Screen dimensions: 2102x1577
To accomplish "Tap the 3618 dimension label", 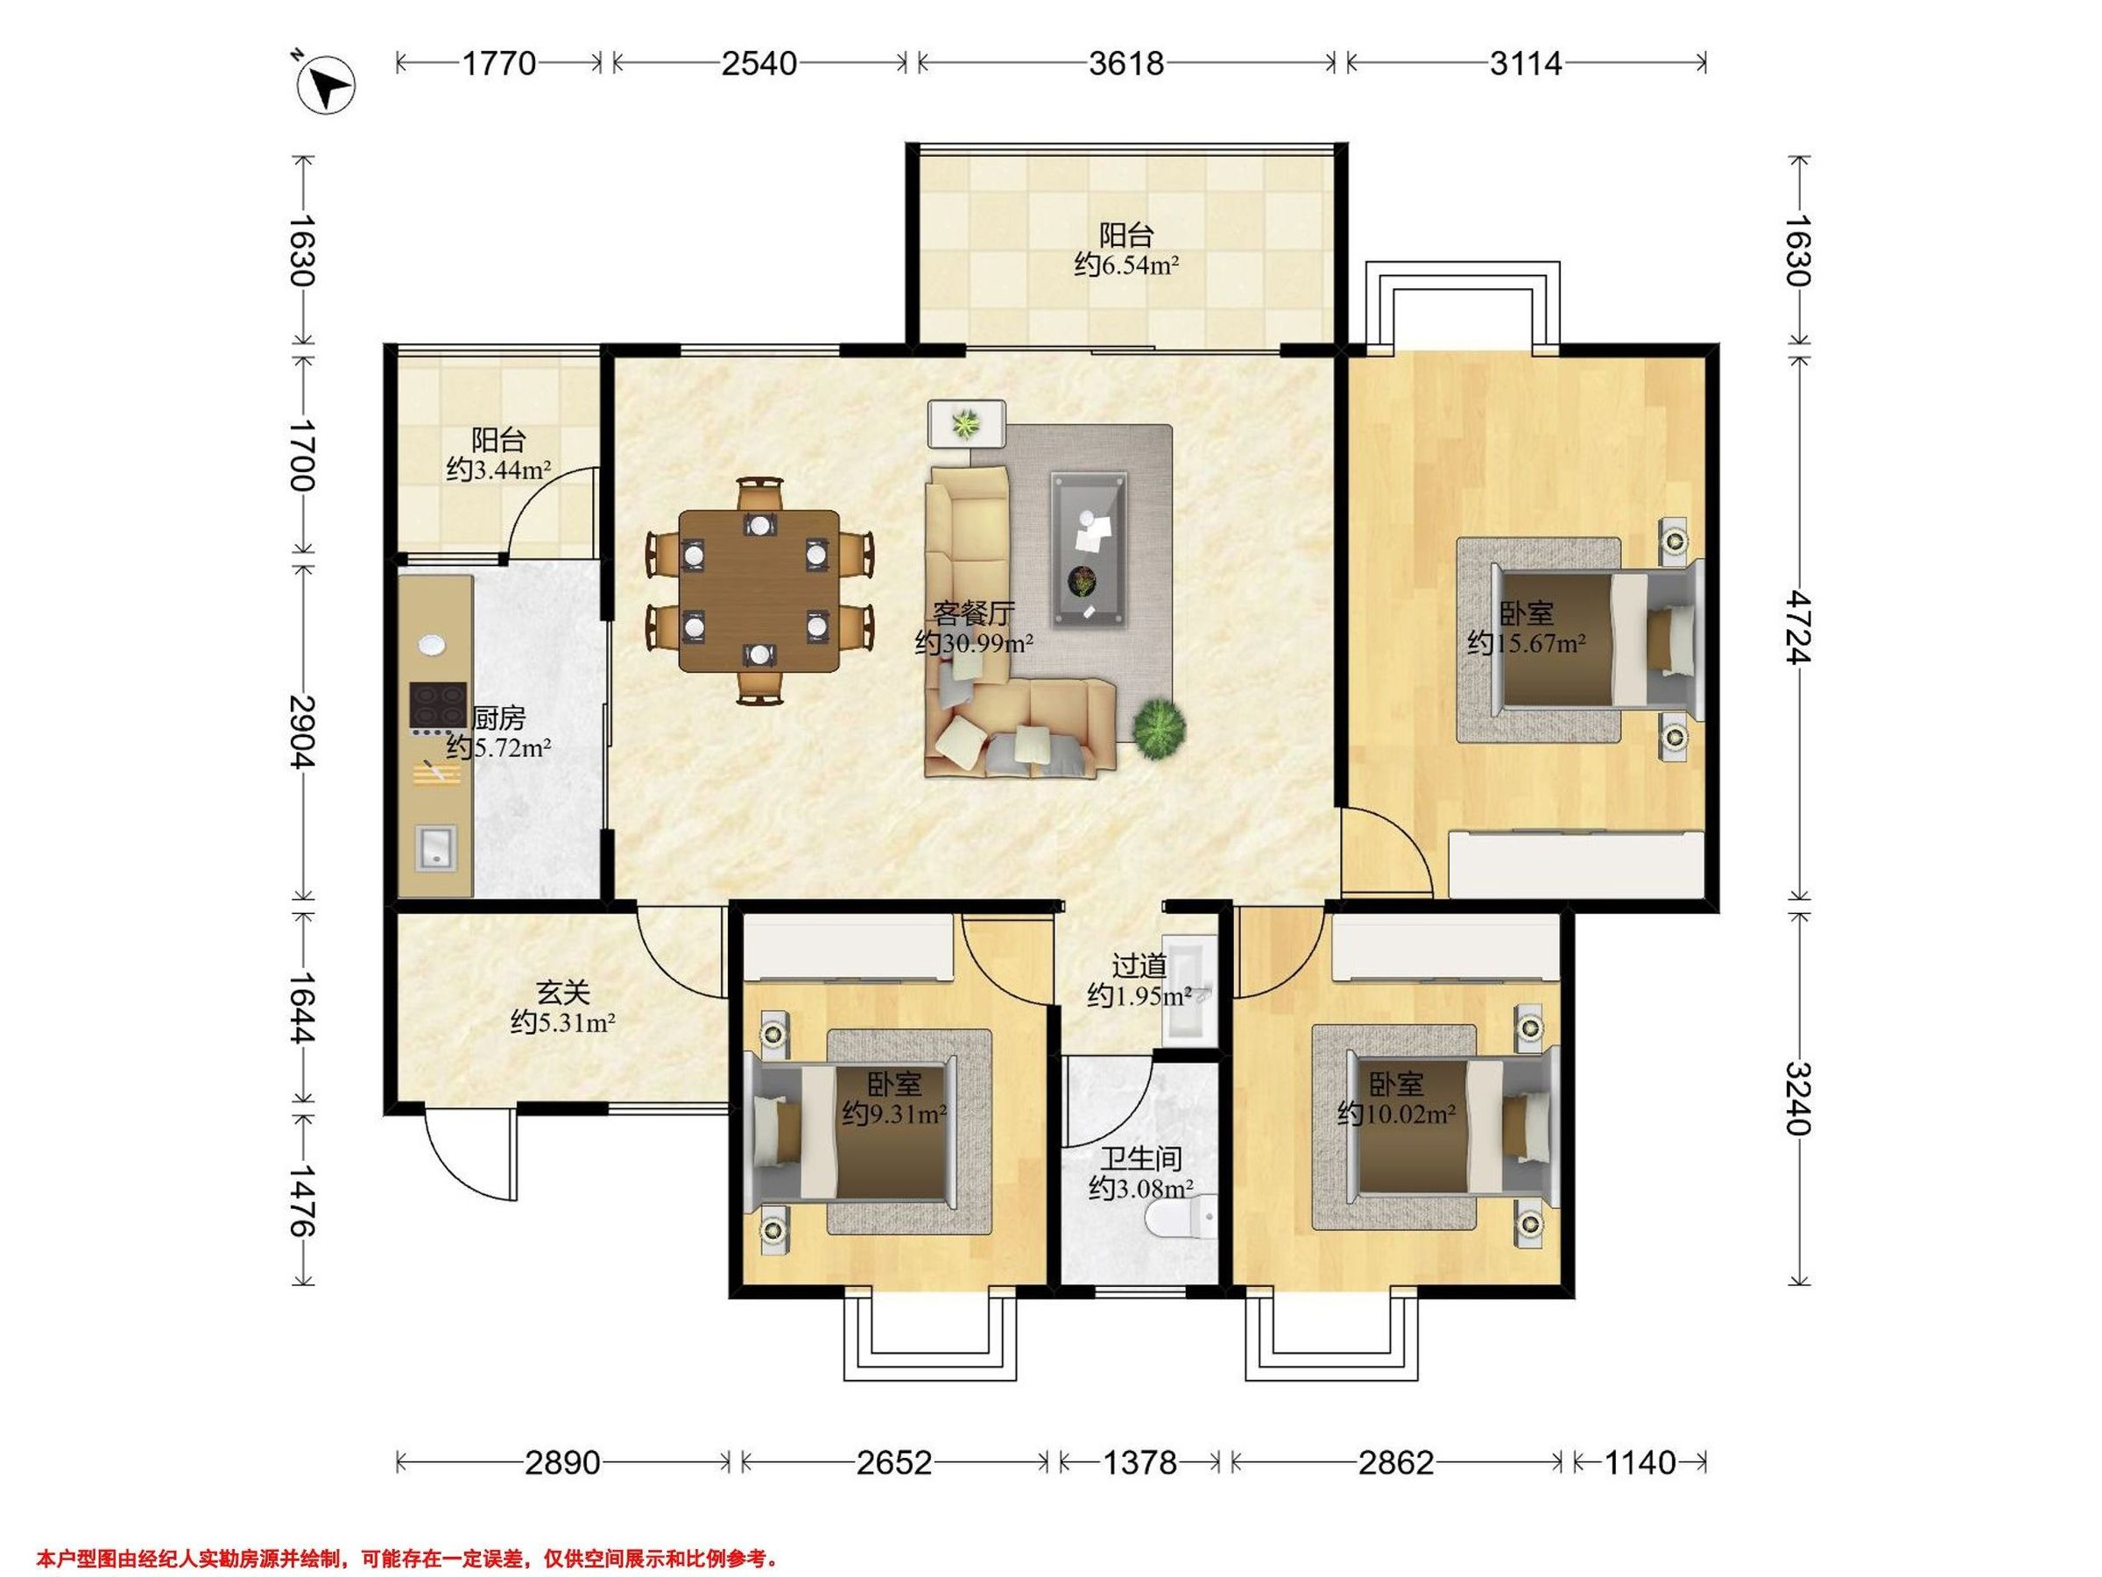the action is (1126, 64).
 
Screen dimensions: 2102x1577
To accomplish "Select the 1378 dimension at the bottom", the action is (1139, 1462).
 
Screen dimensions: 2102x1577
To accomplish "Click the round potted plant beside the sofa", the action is (1159, 729).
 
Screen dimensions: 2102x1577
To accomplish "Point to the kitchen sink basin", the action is (436, 848).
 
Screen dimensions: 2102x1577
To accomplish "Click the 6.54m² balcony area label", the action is (1126, 265).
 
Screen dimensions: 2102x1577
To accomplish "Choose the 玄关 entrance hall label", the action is (563, 994).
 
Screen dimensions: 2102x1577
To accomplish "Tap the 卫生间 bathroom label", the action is (1141, 1159).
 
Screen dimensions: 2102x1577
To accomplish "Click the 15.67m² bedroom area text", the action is (1526, 644).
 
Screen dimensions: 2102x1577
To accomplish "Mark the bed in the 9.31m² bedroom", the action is (853, 1132).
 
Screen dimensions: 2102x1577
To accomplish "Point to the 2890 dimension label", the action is (562, 1462).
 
